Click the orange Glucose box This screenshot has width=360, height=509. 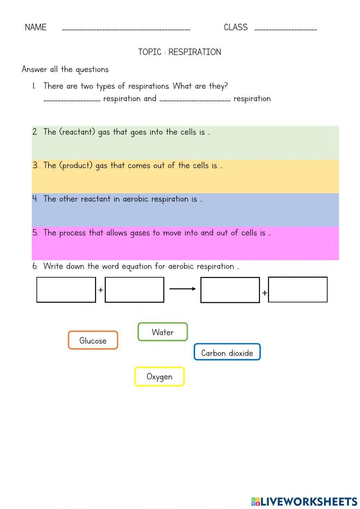[x=93, y=340]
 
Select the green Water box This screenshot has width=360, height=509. [x=163, y=332]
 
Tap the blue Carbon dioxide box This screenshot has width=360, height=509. [x=227, y=352]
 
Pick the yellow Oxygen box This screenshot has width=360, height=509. [x=159, y=377]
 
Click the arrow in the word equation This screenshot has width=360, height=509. [x=183, y=289]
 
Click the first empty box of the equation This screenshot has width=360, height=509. [x=66, y=290]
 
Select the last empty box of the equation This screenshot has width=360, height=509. [x=298, y=289]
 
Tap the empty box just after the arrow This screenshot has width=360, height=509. [x=230, y=290]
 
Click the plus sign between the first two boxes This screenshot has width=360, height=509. [x=100, y=290]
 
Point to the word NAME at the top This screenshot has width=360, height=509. [x=36, y=27]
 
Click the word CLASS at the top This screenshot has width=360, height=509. [x=235, y=27]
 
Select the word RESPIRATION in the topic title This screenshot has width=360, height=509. [x=194, y=52]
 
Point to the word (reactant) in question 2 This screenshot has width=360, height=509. [x=77, y=132]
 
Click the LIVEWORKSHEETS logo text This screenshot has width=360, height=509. [x=309, y=501]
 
